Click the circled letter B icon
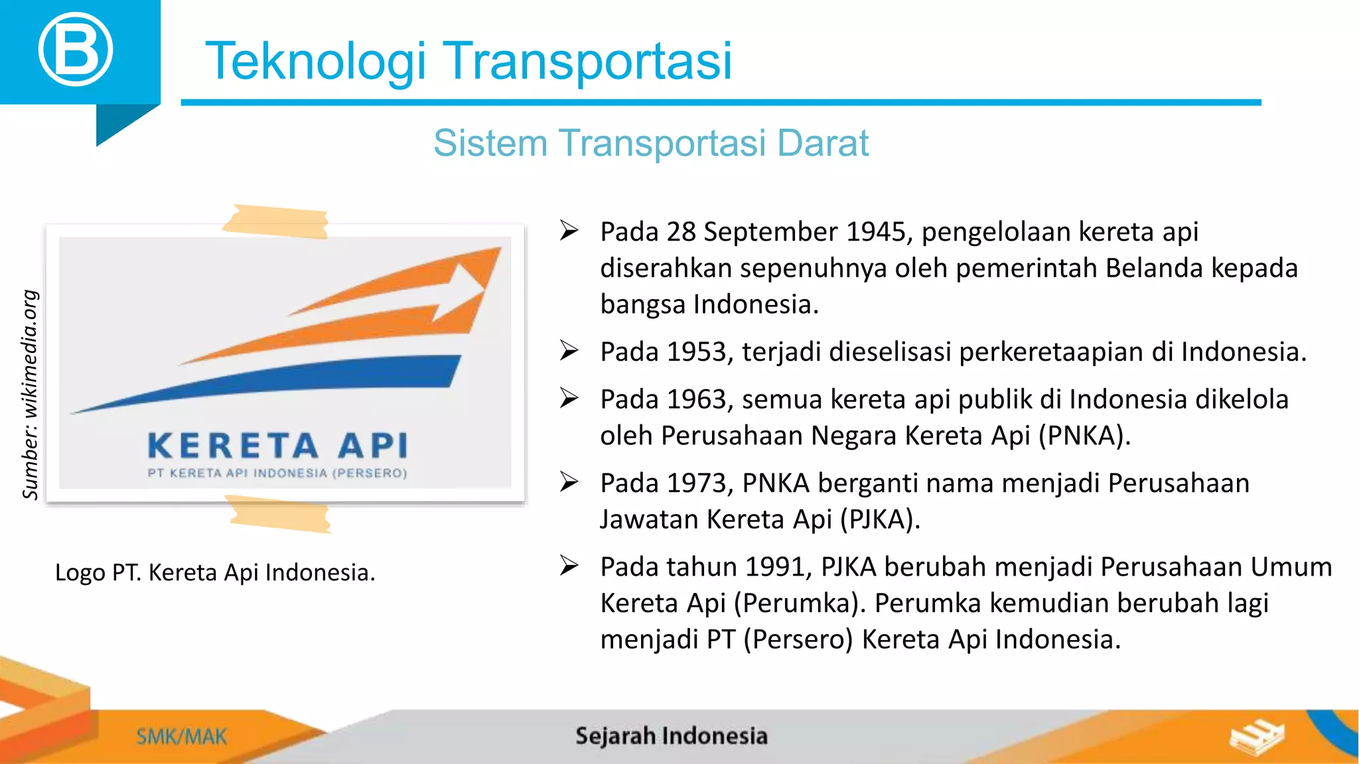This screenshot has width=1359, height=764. point(75,50)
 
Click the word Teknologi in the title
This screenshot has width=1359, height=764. point(315,61)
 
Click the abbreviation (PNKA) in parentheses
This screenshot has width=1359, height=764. point(1084,436)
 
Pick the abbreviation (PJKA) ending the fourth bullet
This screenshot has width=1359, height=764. point(880,520)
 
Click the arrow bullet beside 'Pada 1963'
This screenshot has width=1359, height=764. point(569,399)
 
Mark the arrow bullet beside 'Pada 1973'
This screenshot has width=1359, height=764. point(569,482)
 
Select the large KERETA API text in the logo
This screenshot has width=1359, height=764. point(278,446)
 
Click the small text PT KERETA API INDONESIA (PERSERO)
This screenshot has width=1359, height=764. point(277,474)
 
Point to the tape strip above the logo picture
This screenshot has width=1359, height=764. point(276,222)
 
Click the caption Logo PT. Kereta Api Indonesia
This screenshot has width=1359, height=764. point(215,572)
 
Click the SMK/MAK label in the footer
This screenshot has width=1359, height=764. point(181,737)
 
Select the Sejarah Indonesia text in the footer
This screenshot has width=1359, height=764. point(671,736)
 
